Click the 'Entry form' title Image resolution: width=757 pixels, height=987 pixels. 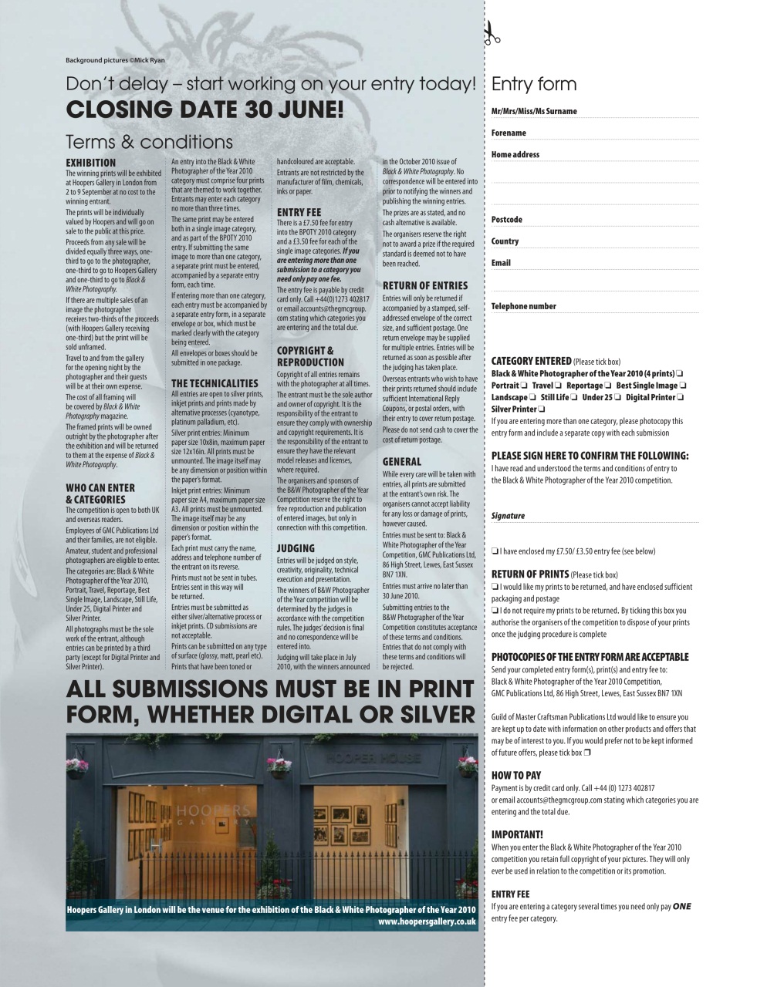[534, 84]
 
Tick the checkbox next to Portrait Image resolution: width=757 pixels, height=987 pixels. [523, 386]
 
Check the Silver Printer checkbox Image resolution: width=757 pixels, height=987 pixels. [542, 409]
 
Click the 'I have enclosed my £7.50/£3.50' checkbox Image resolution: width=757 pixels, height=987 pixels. [495, 551]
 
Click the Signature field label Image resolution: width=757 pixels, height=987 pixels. [508, 516]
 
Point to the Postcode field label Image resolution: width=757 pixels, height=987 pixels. [507, 220]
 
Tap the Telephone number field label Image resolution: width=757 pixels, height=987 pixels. [524, 306]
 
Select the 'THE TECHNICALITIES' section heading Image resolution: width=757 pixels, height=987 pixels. [215, 383]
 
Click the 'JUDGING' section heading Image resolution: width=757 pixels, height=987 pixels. [296, 548]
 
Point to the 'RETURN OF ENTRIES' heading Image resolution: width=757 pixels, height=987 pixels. [425, 285]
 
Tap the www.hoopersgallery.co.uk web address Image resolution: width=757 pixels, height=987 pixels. [427, 921]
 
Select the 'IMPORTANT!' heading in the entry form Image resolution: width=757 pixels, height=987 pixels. [517, 834]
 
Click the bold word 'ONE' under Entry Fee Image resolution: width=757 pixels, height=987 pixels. [682, 906]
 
